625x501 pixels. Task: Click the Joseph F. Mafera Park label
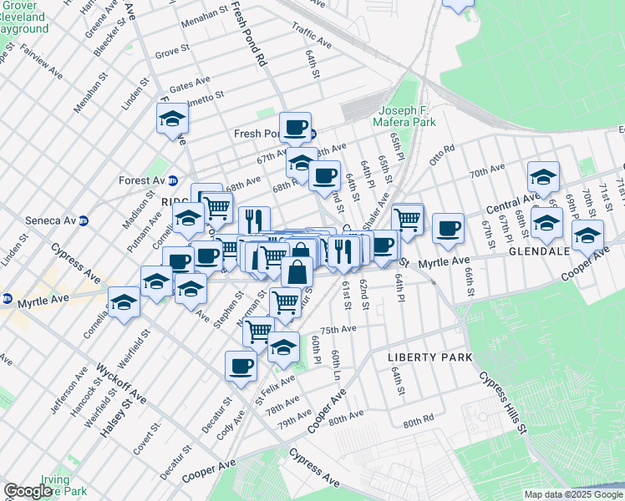click(407, 116)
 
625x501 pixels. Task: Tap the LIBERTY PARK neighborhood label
click(430, 357)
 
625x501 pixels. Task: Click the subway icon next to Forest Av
click(174, 180)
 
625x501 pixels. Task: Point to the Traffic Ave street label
click(312, 34)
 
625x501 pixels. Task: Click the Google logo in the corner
click(28, 491)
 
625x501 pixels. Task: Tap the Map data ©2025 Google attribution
click(573, 494)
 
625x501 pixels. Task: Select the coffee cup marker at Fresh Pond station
click(295, 128)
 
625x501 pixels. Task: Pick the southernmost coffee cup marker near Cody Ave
click(241, 366)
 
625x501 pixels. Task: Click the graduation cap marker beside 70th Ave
click(543, 176)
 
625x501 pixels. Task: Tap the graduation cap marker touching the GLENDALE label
click(588, 237)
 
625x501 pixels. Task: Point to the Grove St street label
click(172, 53)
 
